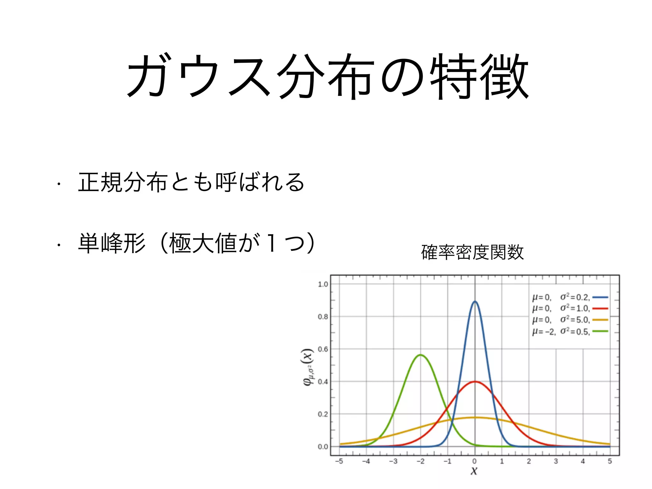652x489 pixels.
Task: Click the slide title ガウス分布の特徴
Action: click(328, 76)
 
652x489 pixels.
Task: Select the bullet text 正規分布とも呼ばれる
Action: click(191, 182)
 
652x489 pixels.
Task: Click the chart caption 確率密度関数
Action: click(472, 252)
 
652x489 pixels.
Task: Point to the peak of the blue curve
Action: click(475, 301)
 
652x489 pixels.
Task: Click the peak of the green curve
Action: click(421, 355)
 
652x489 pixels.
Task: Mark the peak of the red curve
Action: click(475, 381)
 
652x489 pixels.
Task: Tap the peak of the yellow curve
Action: click(475, 417)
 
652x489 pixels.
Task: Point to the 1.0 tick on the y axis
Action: click(323, 284)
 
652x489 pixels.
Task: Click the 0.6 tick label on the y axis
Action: click(323, 349)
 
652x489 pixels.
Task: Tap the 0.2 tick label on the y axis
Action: click(323, 414)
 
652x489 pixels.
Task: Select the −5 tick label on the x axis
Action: click(339, 461)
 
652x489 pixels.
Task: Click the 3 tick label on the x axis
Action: click(556, 461)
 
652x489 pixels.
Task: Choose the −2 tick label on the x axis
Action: click(420, 461)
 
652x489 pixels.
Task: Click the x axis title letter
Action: click(474, 471)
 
